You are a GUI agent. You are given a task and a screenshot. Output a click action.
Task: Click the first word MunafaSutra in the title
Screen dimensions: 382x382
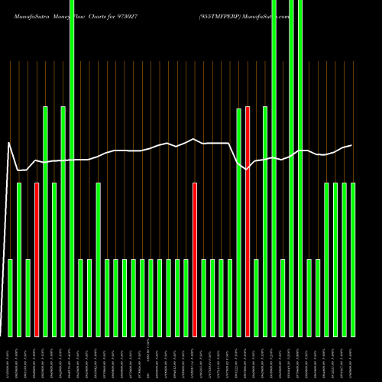coord(28,15)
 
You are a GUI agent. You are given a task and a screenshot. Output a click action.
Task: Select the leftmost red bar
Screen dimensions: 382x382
coord(37,260)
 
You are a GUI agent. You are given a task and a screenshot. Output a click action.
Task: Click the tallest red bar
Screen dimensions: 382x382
coord(248,222)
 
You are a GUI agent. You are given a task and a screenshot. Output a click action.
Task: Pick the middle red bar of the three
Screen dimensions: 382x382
coord(195,260)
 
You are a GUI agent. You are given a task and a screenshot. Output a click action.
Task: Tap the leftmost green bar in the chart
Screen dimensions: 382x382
coord(11,298)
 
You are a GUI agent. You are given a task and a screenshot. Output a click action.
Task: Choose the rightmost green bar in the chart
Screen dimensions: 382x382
coord(353,260)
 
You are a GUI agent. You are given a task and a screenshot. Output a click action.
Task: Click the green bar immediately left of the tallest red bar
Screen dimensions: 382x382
coord(239,222)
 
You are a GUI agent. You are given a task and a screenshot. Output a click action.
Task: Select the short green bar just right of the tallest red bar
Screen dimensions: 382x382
coord(257,298)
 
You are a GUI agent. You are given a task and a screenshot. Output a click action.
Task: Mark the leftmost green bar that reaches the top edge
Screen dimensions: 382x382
coord(72,168)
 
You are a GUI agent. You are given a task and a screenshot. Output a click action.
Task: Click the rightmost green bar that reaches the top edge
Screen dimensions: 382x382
coord(300,168)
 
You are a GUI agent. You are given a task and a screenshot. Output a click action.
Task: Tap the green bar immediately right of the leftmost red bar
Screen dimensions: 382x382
coord(46,222)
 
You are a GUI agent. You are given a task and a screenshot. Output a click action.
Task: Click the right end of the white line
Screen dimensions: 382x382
coord(351,145)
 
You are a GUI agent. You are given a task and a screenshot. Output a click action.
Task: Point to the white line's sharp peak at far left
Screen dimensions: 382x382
coord(9,143)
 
